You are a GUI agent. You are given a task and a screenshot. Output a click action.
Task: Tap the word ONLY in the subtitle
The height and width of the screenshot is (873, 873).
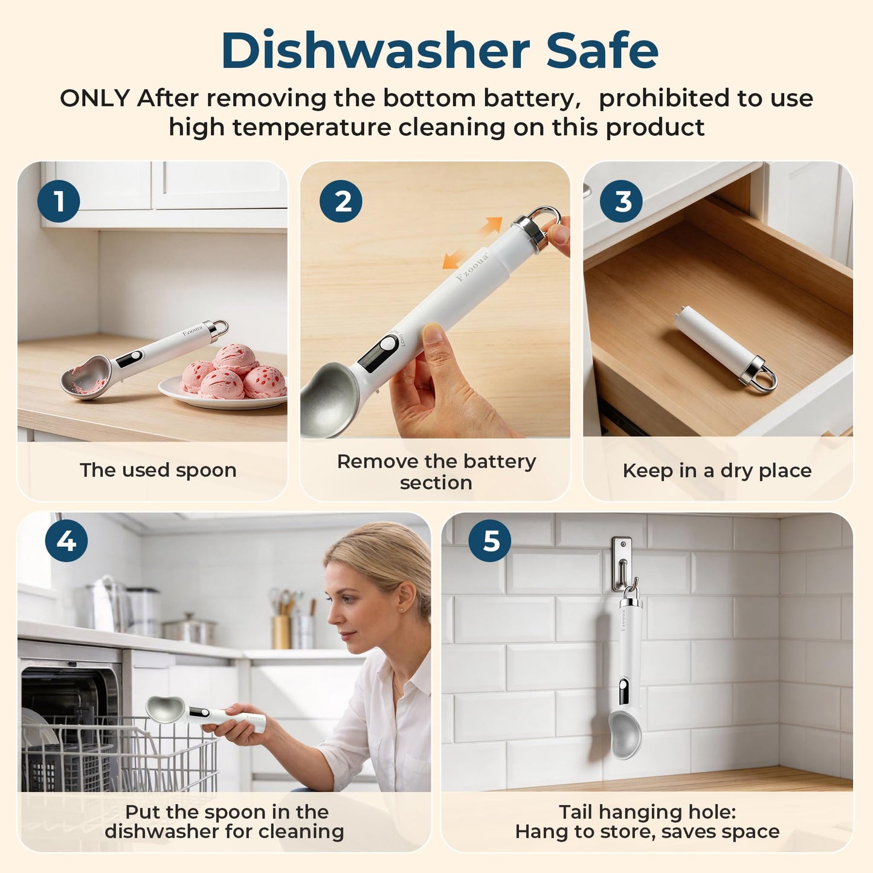(95, 98)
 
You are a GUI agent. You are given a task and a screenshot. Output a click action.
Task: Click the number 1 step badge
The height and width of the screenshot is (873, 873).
(59, 201)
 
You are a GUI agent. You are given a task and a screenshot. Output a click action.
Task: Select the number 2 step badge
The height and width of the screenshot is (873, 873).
(341, 201)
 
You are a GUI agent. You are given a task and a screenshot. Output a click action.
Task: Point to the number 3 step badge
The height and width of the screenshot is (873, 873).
(622, 201)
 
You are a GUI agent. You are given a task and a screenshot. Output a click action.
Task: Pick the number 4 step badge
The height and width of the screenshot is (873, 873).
(66, 541)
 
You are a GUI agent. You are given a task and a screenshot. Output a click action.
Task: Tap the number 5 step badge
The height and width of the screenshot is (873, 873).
(490, 541)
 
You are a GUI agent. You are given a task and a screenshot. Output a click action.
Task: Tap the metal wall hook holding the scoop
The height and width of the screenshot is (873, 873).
(622, 565)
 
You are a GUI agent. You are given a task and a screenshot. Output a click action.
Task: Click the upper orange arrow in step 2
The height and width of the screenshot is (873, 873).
(492, 225)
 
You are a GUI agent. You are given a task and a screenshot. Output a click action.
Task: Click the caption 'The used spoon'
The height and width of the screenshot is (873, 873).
(158, 470)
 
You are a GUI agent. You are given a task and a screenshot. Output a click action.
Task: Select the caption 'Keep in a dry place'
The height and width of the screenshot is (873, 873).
(717, 471)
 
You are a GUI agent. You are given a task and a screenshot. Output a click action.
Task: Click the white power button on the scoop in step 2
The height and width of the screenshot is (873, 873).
(387, 343)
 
